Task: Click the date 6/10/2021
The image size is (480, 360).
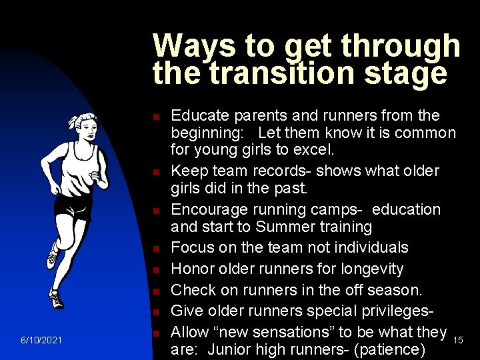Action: (41, 341)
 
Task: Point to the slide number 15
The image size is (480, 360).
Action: (458, 341)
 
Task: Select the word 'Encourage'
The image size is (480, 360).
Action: (211, 209)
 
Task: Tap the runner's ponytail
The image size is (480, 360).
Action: (72, 122)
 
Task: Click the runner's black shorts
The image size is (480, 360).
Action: (73, 205)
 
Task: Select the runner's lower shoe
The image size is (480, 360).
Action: (57, 299)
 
